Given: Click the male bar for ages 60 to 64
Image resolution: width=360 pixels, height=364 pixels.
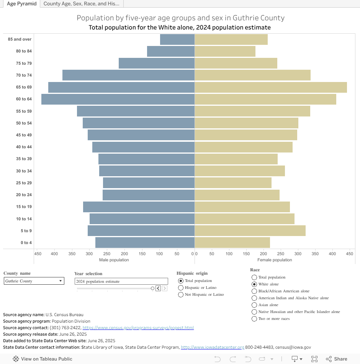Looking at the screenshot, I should pyautogui.click(x=118, y=99).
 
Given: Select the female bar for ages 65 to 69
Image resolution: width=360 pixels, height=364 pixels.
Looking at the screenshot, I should pyautogui.click(x=271, y=87).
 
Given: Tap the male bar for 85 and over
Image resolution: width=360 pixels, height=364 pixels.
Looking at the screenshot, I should pyautogui.click(x=177, y=39).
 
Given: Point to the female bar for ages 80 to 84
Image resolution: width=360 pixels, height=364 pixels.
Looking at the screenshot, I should pyautogui.click(x=225, y=51).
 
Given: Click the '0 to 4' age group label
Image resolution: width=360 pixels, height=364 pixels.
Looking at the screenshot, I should pyautogui.click(x=26, y=243).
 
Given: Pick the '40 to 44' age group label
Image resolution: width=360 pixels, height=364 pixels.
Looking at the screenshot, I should pyautogui.click(x=24, y=147).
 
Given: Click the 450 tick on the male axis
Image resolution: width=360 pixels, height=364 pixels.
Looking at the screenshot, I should pyautogui.click(x=38, y=254).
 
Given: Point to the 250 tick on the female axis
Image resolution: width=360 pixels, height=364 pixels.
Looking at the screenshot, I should pyautogui.click(x=281, y=254).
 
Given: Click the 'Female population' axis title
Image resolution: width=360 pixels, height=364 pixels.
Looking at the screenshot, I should pyautogui.click(x=275, y=260).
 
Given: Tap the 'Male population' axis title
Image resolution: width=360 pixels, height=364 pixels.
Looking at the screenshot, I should pyautogui.click(x=114, y=260).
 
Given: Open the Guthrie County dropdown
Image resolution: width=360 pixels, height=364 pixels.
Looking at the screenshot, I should pyautogui.click(x=34, y=281).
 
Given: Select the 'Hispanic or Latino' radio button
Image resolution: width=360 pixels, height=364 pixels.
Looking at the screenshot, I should pyautogui.click(x=181, y=288).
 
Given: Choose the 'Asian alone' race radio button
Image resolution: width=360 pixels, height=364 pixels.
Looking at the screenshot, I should pyautogui.click(x=254, y=305).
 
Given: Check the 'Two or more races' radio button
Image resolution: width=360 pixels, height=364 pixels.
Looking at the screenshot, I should pyautogui.click(x=254, y=319).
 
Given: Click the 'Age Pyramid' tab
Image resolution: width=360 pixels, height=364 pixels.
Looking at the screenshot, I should pyautogui.click(x=22, y=4).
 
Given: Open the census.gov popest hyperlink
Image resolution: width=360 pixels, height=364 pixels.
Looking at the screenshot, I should pyautogui.click(x=138, y=328).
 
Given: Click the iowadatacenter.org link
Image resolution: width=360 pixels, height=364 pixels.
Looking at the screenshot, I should pyautogui.click(x=212, y=348).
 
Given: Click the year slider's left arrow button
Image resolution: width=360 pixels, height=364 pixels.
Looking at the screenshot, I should pyautogui.click(x=158, y=288).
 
